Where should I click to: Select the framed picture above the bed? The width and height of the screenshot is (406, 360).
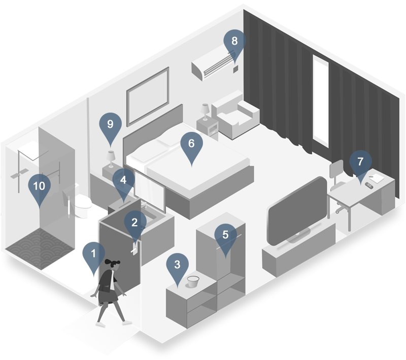[148, 97]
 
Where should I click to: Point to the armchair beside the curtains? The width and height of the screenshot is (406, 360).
[235, 115]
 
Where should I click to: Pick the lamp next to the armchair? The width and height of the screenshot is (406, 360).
[205, 112]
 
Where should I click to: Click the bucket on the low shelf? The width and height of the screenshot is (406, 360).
[193, 281]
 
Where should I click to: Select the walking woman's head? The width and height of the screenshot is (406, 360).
[113, 265]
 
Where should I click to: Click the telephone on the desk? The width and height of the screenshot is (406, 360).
[369, 185]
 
